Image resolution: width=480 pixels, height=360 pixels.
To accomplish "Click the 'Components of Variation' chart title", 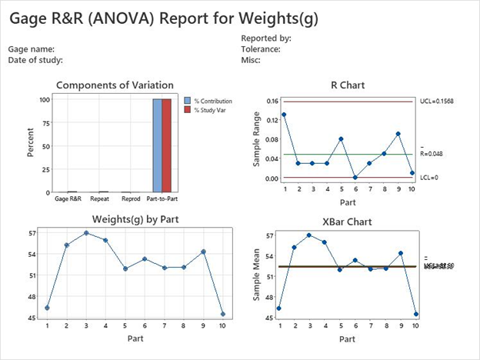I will coord(115,85).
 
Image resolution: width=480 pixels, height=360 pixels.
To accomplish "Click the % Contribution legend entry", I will coord(212,101).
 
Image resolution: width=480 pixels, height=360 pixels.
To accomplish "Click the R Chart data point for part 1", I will coord(284,115).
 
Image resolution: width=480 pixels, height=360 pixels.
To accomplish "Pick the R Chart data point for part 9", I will coord(398,134).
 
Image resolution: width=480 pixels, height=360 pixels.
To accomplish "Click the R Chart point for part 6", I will coord(355,178).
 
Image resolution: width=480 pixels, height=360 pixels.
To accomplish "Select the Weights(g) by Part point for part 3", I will coord(86,232).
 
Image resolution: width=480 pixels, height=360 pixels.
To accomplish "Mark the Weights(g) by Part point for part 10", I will coord(223,314).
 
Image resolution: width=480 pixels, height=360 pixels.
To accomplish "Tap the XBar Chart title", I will coord(348,222).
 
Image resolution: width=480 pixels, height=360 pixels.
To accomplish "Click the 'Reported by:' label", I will coord(265,38).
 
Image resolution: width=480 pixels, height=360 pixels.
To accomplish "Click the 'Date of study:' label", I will coord(35,59).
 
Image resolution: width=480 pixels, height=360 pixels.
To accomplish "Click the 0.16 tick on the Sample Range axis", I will coord(272,101).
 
